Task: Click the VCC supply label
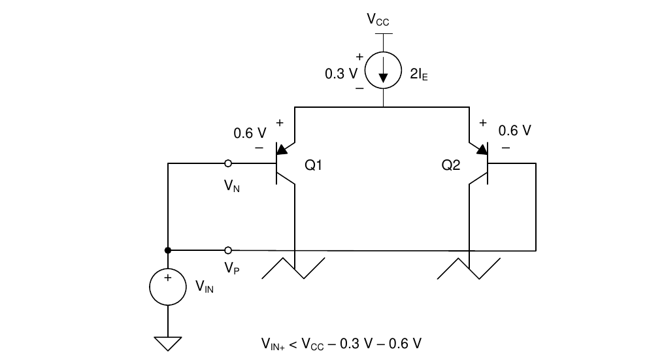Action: click(x=378, y=20)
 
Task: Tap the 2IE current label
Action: click(x=418, y=74)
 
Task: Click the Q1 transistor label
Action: click(x=314, y=165)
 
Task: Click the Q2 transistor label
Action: click(x=451, y=165)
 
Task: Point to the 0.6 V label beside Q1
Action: click(x=250, y=133)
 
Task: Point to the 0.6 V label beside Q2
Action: click(x=514, y=131)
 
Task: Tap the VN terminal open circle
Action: click(x=228, y=163)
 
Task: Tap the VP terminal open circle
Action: click(x=228, y=250)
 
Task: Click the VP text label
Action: click(x=231, y=268)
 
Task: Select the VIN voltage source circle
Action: click(x=168, y=287)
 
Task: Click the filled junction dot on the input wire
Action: click(x=168, y=250)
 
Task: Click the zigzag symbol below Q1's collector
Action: click(x=295, y=268)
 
